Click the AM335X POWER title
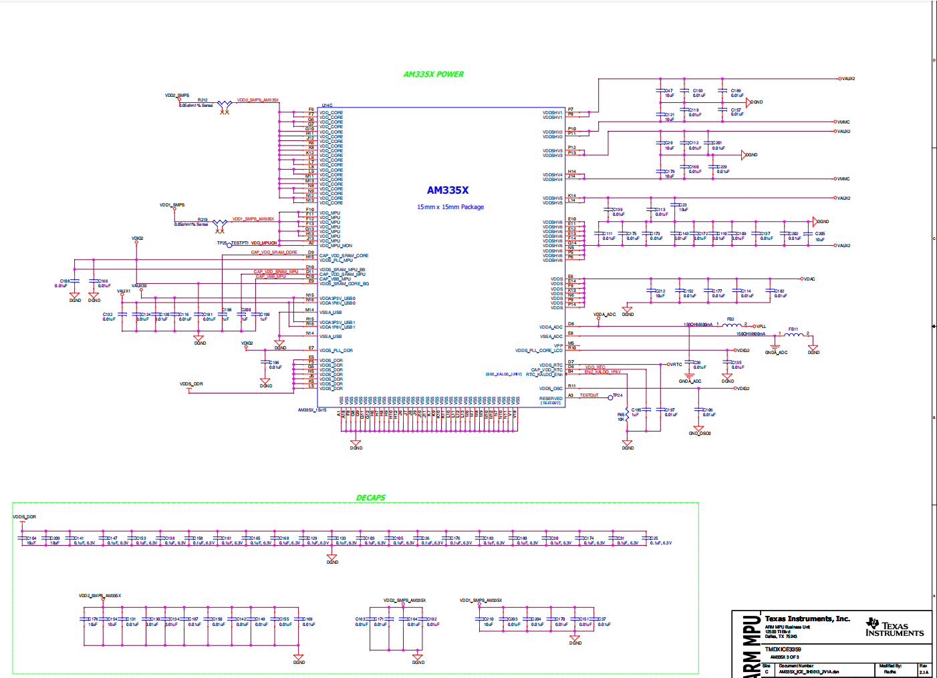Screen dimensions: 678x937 point(433,74)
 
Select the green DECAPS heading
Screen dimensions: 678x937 point(370,498)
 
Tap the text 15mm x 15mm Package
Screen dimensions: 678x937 point(450,207)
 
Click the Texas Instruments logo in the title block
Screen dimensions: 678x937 point(894,628)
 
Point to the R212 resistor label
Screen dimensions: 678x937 point(203,100)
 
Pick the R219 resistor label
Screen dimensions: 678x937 point(203,220)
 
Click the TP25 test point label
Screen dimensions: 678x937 point(222,243)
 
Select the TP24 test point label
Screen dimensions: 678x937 point(618,395)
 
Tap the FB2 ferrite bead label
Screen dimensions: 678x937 point(730,319)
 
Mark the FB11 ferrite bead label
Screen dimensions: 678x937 point(793,329)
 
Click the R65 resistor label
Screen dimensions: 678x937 point(621,415)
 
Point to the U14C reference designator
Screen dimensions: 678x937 point(327,106)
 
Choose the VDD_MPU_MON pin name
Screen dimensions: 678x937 point(336,246)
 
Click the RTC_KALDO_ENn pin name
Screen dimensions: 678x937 point(544,375)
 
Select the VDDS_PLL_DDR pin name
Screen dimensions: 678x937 point(336,351)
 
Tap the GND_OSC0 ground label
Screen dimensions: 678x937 point(700,434)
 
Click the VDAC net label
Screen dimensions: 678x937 point(809,279)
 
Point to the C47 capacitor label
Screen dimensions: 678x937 point(668,91)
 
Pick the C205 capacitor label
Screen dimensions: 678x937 point(820,234)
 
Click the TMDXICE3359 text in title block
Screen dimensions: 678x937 point(783,649)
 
